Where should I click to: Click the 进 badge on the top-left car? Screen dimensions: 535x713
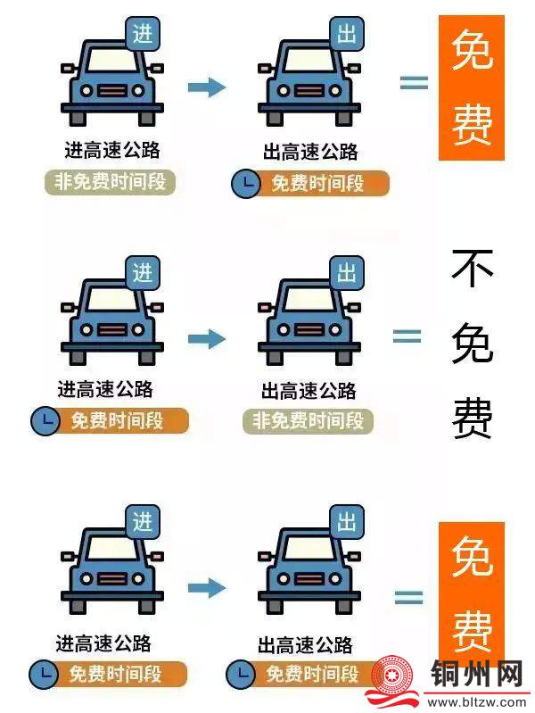click(143, 34)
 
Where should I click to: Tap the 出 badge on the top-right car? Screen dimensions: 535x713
click(347, 34)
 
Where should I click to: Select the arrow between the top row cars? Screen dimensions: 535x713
click(207, 87)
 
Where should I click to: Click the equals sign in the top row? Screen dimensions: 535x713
click(414, 82)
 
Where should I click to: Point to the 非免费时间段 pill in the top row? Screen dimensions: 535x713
click(110, 182)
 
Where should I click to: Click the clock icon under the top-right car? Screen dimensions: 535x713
click(246, 184)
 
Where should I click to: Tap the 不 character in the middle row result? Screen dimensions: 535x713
click(473, 268)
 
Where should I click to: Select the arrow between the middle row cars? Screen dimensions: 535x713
click(207, 339)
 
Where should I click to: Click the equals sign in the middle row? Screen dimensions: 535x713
click(407, 336)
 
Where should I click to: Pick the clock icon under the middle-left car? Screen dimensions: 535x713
click(45, 420)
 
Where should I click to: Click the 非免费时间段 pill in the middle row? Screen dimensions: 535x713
click(309, 420)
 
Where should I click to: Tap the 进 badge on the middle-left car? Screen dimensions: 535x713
click(143, 273)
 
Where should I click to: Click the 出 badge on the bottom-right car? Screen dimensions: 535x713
click(347, 522)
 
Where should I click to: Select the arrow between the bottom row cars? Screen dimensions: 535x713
click(207, 587)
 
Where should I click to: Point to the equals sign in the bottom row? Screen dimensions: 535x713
click(408, 597)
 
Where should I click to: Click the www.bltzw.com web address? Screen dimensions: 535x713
click(476, 703)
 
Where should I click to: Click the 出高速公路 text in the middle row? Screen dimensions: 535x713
click(309, 391)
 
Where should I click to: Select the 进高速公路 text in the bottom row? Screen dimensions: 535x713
click(103, 643)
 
